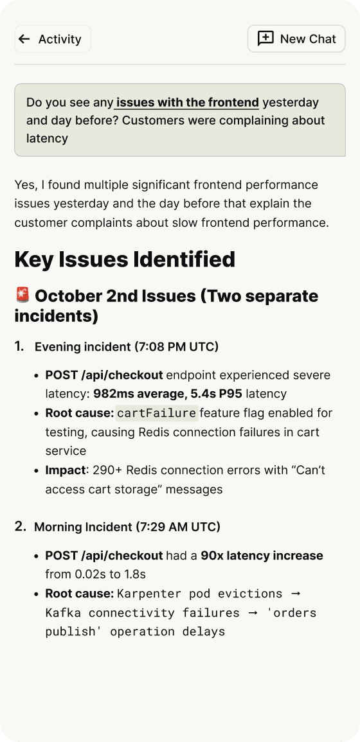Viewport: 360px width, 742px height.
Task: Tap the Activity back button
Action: (x=53, y=39)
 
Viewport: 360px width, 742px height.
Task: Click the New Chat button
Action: (x=296, y=39)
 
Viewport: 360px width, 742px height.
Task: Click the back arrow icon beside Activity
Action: (x=24, y=39)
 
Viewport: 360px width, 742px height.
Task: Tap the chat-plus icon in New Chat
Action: (x=265, y=39)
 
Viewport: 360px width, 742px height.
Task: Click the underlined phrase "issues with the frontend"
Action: (x=188, y=102)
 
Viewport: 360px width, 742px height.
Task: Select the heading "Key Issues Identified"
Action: (x=125, y=260)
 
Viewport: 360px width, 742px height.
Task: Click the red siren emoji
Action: (x=22, y=296)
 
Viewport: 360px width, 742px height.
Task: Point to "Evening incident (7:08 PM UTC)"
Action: (x=127, y=347)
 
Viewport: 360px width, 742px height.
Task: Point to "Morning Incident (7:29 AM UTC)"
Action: (x=127, y=527)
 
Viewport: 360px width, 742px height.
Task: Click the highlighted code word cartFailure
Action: (x=157, y=412)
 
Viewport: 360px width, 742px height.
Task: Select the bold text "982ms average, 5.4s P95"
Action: (x=168, y=393)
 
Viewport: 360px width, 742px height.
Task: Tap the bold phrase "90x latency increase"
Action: (x=262, y=555)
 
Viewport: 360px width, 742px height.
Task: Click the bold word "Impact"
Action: (x=65, y=470)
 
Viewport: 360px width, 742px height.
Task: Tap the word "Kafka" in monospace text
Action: (x=62, y=612)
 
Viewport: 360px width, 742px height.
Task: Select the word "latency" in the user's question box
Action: (x=47, y=138)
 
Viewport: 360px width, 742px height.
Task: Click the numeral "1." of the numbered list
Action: (x=20, y=346)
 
